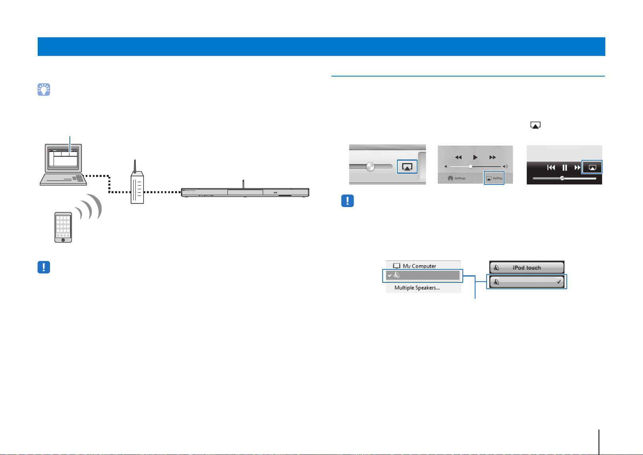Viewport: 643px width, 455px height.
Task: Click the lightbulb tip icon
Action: coord(44,90)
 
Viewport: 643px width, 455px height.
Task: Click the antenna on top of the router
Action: coord(135,166)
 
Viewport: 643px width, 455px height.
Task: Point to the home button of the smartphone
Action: coord(63,240)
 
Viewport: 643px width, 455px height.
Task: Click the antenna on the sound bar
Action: coord(243,184)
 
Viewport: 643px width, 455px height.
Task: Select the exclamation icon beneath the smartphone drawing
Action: coord(44,267)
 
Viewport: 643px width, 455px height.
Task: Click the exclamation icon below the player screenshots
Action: coord(347,201)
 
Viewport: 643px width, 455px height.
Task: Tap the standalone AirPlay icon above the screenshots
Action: coord(535,125)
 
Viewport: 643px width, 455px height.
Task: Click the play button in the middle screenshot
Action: coord(475,157)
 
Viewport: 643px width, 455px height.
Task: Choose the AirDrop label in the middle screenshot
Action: coord(460,178)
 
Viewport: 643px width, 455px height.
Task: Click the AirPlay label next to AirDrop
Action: coord(497,178)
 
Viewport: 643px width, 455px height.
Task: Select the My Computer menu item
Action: coord(419,266)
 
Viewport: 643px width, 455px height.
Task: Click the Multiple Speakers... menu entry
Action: coord(417,288)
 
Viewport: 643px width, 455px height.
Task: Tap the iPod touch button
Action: coord(527,267)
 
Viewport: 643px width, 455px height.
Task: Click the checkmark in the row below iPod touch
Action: coord(558,282)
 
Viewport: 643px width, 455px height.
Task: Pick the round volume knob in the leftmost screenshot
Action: coord(370,166)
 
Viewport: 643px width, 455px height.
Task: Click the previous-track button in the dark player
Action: coord(551,167)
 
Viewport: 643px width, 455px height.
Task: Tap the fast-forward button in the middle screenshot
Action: coord(493,157)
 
